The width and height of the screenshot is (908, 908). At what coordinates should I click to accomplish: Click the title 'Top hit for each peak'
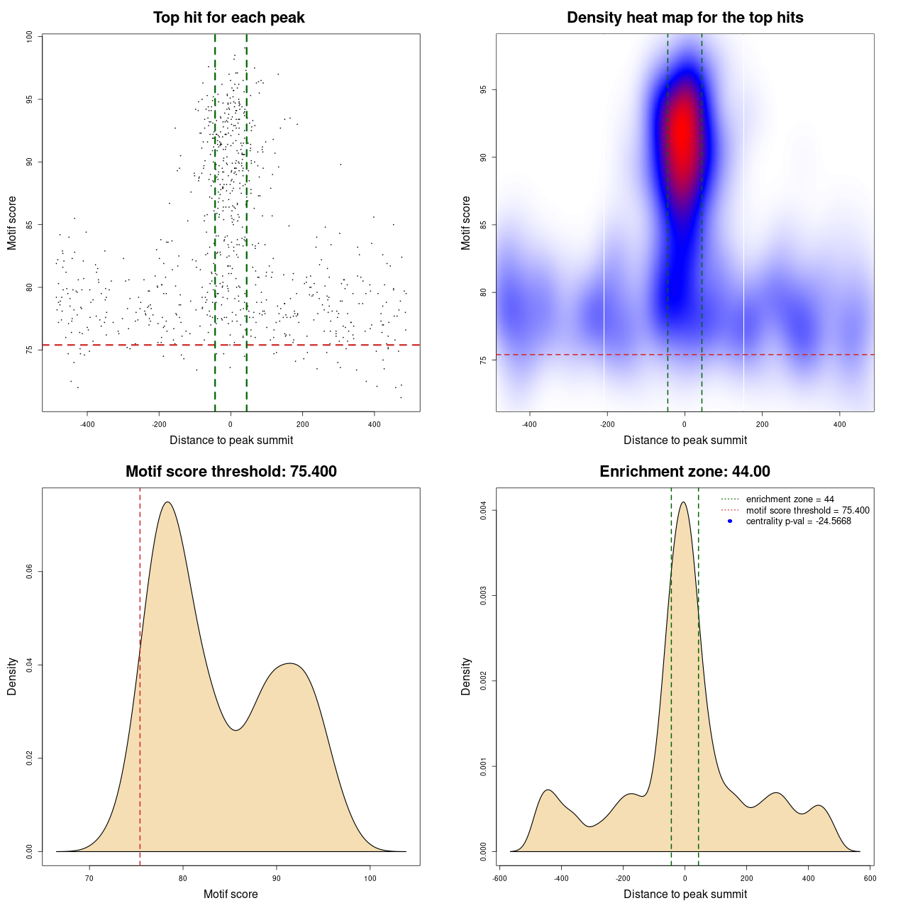(228, 18)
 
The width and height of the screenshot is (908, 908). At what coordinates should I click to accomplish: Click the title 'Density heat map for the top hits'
(685, 18)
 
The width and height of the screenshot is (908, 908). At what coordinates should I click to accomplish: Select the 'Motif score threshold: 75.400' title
(231, 472)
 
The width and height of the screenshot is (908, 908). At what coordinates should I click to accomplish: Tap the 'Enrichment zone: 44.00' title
(685, 472)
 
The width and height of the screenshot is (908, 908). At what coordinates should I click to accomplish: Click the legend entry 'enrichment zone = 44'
(790, 499)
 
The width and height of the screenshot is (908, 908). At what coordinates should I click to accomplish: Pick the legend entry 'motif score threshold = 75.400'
(807, 511)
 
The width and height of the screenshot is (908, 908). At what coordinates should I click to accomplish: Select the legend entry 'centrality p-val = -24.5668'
(798, 521)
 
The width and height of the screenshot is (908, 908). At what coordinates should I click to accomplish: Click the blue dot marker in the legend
(730, 521)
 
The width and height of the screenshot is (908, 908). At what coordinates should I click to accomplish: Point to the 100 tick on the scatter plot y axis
(29, 37)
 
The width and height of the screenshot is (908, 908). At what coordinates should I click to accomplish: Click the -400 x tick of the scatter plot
(87, 424)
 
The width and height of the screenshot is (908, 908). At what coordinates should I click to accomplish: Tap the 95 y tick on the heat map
(483, 90)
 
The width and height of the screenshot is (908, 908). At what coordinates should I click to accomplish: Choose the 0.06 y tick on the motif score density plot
(29, 572)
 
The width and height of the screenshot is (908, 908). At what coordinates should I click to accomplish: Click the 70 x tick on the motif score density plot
(89, 878)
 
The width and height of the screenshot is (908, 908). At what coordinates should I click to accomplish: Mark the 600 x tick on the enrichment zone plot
(870, 878)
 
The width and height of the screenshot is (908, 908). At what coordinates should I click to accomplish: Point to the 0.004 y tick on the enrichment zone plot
(483, 511)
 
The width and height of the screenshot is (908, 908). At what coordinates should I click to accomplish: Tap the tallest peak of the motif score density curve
(167, 502)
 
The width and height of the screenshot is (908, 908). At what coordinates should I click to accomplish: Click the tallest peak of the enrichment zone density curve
(683, 502)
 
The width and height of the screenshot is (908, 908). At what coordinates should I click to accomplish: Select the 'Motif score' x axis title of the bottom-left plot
(231, 894)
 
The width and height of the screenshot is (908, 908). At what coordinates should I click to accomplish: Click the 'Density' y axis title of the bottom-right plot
(466, 676)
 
